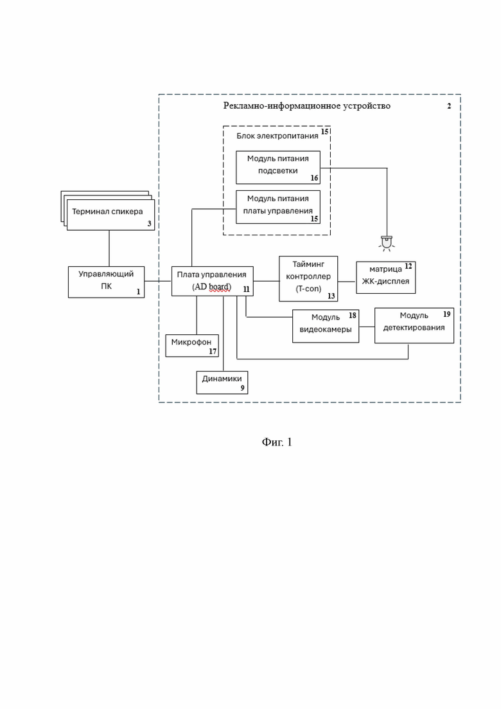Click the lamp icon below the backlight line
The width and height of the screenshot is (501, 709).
coord(386,243)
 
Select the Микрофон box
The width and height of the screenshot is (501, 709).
coord(192,346)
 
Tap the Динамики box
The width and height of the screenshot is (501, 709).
coord(222,382)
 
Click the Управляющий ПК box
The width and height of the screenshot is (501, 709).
coord(106,282)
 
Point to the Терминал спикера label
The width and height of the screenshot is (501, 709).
coord(107,211)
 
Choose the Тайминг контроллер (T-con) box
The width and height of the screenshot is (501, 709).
coord(308,278)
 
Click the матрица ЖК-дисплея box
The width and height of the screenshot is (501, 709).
coord(386,277)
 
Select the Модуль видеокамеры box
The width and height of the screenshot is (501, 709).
coord(326,326)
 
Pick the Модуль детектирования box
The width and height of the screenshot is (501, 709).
coord(414,325)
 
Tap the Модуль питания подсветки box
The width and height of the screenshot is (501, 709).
coord(278,167)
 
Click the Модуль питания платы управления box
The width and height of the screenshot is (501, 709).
coord(278,207)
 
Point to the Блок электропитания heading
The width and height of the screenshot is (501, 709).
coord(277,136)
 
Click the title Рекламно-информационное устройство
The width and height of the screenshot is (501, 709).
coord(307,106)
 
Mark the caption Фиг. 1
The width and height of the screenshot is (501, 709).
coord(277,442)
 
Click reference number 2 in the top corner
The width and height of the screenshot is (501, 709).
coord(449,106)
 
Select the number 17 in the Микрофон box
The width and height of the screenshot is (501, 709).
coord(213,351)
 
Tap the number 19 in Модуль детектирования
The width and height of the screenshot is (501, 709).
coord(447,314)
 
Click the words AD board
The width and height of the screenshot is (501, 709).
coord(212,287)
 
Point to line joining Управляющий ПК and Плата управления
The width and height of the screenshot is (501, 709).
coord(158,282)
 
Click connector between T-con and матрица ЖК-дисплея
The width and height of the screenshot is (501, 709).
coord(347,282)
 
